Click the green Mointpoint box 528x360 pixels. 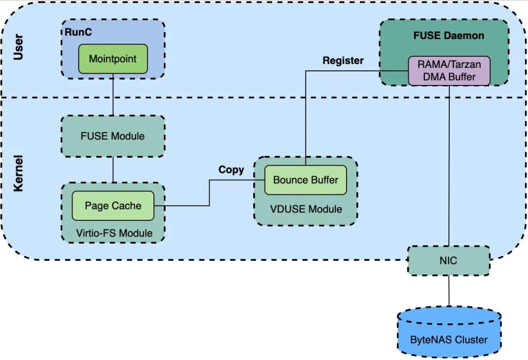click(x=112, y=59)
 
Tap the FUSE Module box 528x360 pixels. click(x=112, y=136)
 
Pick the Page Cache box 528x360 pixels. click(x=112, y=206)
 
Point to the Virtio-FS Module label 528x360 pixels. click(x=114, y=233)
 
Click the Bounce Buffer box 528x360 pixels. click(x=305, y=180)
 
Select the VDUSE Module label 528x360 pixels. click(x=306, y=209)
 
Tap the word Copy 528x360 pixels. click(x=231, y=169)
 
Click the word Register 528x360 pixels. click(x=343, y=61)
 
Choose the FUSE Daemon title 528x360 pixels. click(x=448, y=36)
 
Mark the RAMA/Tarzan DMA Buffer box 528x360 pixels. click(x=449, y=71)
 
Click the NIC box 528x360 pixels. click(x=448, y=260)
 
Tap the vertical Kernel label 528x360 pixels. click(x=19, y=174)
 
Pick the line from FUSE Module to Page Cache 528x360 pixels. click(x=113, y=170)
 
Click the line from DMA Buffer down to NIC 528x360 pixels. click(x=448, y=166)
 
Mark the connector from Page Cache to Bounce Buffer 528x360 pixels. click(x=210, y=193)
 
